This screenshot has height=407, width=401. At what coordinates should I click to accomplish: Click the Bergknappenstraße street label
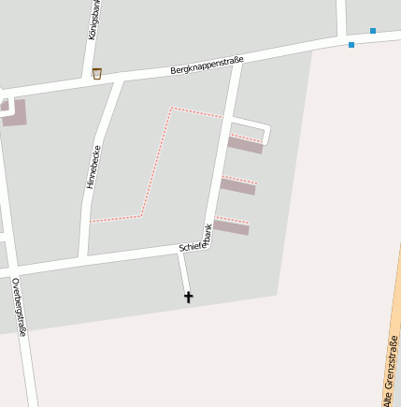click(207, 65)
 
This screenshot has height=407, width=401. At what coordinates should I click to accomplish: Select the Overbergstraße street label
click(18, 306)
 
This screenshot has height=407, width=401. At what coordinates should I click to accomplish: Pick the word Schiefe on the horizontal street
click(191, 247)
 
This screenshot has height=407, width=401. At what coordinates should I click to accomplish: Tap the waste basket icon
click(96, 73)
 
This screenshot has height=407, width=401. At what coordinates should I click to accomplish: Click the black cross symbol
click(188, 297)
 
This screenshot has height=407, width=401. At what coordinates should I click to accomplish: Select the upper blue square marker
click(372, 31)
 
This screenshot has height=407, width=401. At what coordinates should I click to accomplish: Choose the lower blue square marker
click(351, 44)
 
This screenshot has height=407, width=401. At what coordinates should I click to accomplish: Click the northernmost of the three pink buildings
click(245, 144)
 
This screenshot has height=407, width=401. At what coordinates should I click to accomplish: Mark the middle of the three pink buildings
click(237, 185)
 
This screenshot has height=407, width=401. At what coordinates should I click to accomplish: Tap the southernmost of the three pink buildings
click(231, 226)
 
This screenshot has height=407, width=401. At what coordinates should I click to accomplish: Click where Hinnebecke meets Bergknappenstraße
click(118, 80)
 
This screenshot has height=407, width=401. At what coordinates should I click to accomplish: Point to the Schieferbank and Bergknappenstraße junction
click(237, 62)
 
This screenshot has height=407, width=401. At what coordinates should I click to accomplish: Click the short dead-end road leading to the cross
click(184, 273)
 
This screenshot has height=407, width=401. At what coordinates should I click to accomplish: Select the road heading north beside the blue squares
click(343, 17)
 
